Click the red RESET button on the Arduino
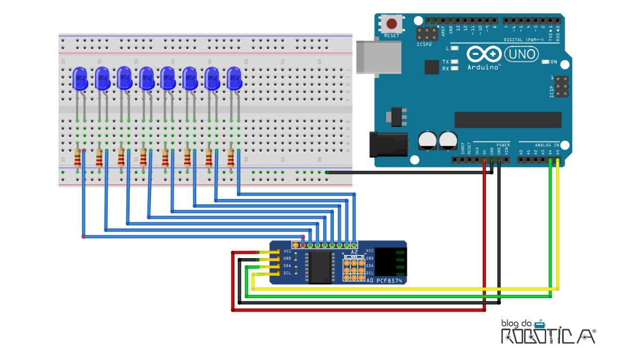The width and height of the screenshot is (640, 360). point(392,25)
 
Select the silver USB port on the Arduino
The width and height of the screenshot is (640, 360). point(380,56)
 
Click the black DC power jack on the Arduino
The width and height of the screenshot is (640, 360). point(388,144)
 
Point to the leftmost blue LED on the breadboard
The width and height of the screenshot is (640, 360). point(79,78)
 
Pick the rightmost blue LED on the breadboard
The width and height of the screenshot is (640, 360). point(234,78)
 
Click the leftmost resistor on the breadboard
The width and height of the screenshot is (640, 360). point(78,158)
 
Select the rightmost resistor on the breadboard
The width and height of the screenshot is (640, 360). point(230,158)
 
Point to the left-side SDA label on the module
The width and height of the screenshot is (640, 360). point(287,266)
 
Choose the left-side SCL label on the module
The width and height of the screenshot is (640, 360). point(287,273)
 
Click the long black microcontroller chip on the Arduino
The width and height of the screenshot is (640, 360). point(507,120)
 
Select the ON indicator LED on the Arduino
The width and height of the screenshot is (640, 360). point(545,62)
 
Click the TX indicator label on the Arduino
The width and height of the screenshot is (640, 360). point(445,62)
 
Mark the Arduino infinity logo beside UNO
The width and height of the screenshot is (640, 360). point(484,54)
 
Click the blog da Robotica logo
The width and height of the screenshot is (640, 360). point(547,332)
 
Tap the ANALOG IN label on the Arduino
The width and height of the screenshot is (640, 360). point(547,145)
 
